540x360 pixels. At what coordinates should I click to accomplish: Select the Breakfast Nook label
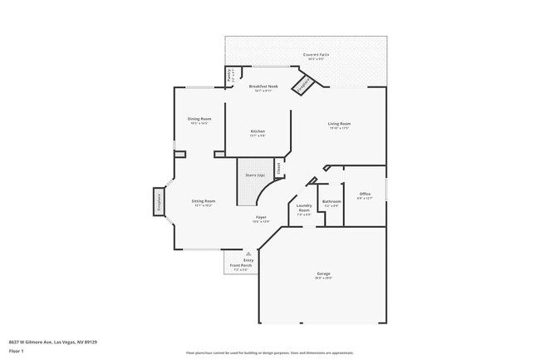(x=263, y=86)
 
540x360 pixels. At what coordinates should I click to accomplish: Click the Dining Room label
(x=199, y=120)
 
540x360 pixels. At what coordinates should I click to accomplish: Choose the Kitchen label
(x=258, y=132)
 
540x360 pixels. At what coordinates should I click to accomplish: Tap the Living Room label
(x=339, y=125)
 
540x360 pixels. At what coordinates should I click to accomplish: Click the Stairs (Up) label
(x=254, y=175)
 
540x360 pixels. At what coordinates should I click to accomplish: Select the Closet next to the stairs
(x=278, y=168)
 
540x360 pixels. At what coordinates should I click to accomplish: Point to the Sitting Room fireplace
(x=157, y=202)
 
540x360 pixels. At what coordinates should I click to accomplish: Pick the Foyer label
(x=261, y=219)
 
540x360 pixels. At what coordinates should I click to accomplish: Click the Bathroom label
(x=331, y=201)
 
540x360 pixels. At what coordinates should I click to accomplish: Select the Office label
(x=365, y=195)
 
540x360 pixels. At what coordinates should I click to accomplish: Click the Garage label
(x=323, y=274)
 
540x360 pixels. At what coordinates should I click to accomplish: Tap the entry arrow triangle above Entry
(x=248, y=254)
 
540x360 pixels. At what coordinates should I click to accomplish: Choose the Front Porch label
(x=241, y=265)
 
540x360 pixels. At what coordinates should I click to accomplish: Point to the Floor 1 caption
(x=17, y=351)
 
